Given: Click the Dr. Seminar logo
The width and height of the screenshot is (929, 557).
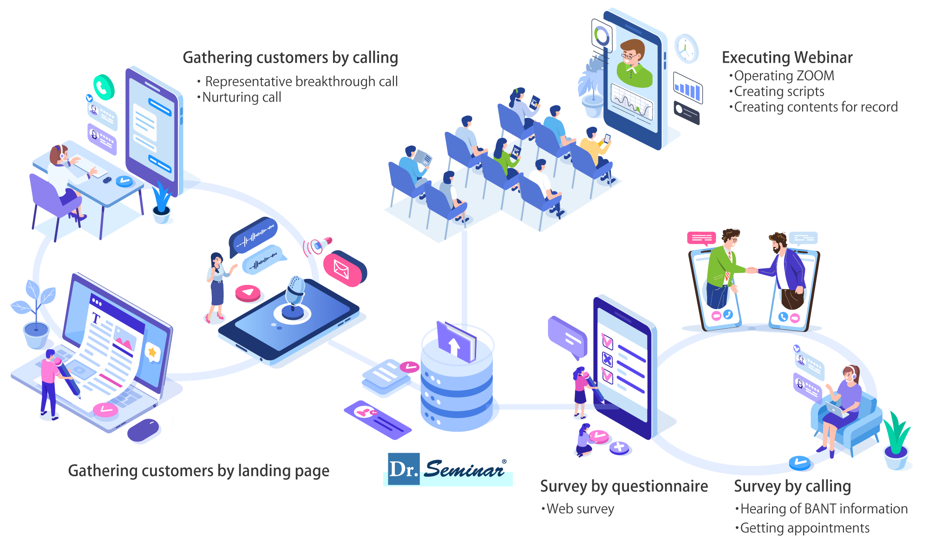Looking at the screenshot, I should pos(448,469).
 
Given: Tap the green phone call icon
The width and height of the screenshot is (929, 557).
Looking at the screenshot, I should pos(104,87).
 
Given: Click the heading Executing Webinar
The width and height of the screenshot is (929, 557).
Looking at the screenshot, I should pos(787,58).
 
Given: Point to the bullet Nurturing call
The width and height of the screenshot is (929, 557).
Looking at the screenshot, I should pos(241,97).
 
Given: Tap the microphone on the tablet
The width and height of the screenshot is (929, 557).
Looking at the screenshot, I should pos(294,292).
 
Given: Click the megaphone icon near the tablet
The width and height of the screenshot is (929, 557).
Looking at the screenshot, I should pos(321,245).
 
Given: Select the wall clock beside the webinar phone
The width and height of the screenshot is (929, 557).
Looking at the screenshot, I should pos(686,48).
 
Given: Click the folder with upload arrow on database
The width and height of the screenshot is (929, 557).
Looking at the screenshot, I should pos(455,342).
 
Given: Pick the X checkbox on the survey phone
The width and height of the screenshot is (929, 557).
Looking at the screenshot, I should pos(607,359).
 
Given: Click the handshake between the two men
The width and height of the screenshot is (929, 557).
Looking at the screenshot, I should pos(751,270).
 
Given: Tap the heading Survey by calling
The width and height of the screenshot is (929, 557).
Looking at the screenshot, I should pos(792,486).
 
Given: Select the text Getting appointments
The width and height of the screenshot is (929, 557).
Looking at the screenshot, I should pos(804,528).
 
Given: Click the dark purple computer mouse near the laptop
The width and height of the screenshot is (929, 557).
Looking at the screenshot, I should pos(143,430).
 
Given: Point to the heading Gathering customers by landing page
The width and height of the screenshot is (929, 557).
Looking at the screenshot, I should pos(198,471).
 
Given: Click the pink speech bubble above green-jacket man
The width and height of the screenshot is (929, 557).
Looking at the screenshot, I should pos(701,238).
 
